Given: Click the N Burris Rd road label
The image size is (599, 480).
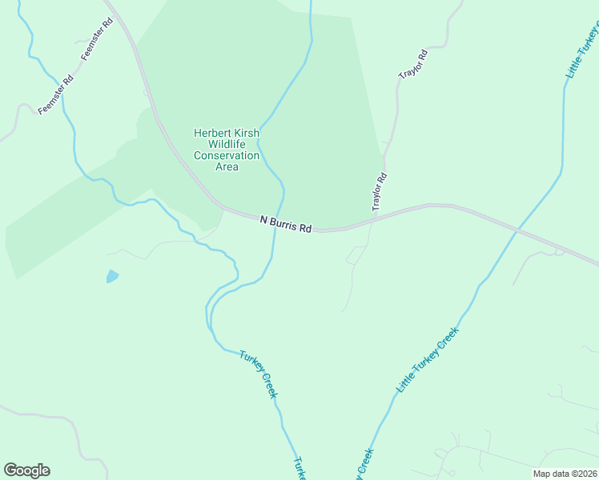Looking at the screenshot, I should pyautogui.click(x=286, y=223).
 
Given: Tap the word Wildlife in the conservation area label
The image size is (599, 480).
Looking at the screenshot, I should pyautogui.click(x=227, y=145).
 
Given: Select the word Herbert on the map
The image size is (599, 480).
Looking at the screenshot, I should pyautogui.click(x=211, y=134).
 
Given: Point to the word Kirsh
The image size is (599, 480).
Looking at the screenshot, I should pyautogui.click(x=246, y=134).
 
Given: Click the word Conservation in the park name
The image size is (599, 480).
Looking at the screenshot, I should pyautogui.click(x=227, y=156).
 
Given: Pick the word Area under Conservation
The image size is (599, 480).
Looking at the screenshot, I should pyautogui.click(x=227, y=167).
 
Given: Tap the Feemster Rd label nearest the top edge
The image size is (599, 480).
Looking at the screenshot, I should pyautogui.click(x=98, y=38).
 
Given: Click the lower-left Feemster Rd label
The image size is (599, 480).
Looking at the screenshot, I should pyautogui.click(x=55, y=95).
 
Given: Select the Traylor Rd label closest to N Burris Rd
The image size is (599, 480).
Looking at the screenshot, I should pyautogui.click(x=380, y=192).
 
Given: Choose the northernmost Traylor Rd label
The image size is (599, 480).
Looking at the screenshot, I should pyautogui.click(x=413, y=64).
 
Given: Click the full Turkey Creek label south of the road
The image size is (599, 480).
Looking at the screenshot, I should pyautogui.click(x=258, y=374).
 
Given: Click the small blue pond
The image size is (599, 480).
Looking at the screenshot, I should pyautogui.click(x=112, y=277).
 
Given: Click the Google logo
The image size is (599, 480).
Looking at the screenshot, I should pyautogui.click(x=26, y=470).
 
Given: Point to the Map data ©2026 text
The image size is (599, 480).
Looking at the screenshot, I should pyautogui.click(x=565, y=474).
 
